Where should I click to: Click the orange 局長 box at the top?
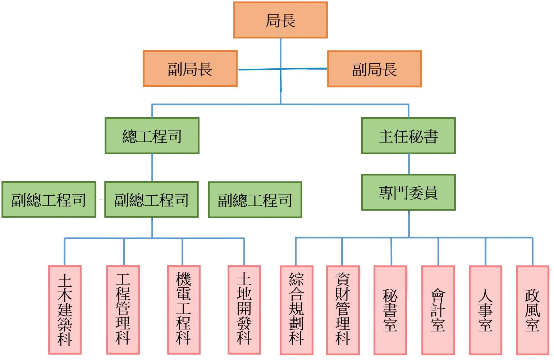point(280,20)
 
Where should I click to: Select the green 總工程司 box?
point(152,136)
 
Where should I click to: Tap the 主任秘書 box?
point(408,136)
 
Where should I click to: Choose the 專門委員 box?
point(408,192)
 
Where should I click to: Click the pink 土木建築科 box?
point(65,310)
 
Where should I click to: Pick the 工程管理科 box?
point(123,310)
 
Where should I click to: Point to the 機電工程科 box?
point(183,310)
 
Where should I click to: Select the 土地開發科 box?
point(244,310)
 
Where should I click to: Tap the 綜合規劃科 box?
point(297,310)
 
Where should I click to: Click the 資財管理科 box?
point(343,310)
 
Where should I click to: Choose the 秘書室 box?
point(390,310)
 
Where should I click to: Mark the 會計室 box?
point(438,310)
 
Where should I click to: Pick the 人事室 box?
point(485,310)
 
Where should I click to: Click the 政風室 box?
point(532,310)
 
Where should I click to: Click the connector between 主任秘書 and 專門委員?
point(409,164)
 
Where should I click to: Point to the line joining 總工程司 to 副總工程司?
point(152,168)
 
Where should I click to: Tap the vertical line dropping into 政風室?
point(532,251)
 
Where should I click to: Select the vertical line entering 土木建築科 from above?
point(64,251)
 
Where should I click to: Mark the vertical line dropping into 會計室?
point(438,251)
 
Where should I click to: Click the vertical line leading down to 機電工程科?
point(182,251)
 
